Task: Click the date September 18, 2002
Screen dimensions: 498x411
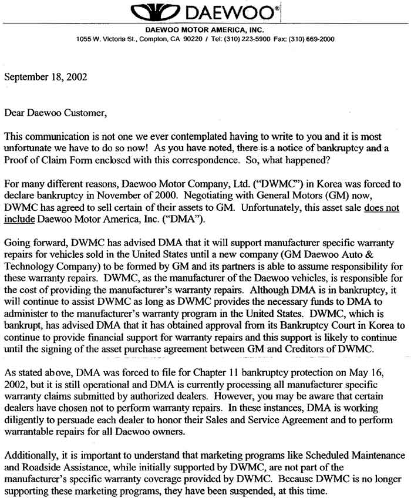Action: tap(43, 77)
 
